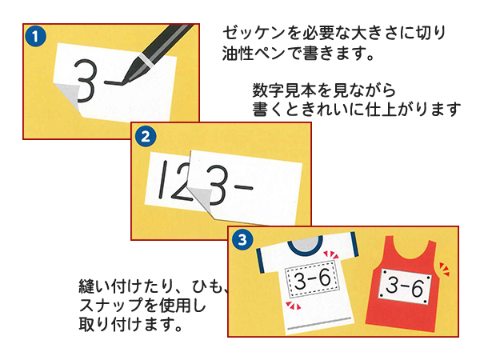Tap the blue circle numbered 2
click(x=144, y=136)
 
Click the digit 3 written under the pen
click(x=87, y=77)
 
